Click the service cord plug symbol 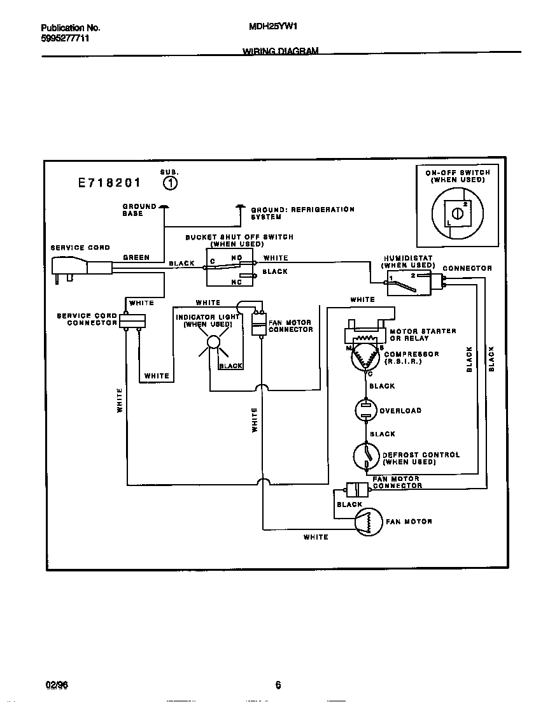(71, 268)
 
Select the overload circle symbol (366, 411)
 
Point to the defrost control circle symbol (366, 456)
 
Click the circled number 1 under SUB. (170, 183)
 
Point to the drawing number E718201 (109, 183)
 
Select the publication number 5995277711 (65, 39)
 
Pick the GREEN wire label (136, 257)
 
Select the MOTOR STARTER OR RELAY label (422, 334)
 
